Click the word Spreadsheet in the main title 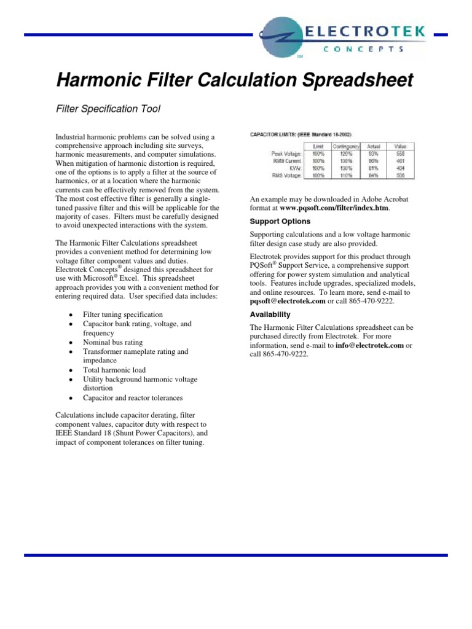point(345,80)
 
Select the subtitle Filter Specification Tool point(108,109)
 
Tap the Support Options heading point(280,221)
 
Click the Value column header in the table point(401,146)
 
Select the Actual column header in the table point(374,146)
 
